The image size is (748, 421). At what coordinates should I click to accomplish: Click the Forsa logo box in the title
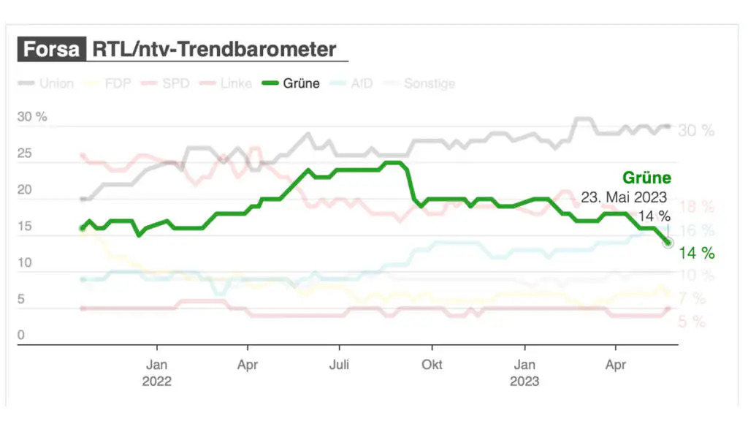coord(51,50)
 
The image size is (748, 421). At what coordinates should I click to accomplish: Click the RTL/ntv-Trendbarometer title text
coord(214,50)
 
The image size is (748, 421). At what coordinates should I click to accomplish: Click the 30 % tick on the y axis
coord(32,117)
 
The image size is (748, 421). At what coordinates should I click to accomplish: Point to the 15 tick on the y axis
coord(25,227)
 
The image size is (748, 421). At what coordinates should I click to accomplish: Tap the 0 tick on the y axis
coord(21,335)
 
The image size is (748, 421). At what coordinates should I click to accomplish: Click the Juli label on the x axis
coord(339,365)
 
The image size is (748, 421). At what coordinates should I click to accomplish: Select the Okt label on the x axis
coord(432,365)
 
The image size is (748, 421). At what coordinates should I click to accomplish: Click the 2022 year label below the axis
coord(156,381)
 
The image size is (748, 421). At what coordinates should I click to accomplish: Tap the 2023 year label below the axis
coord(524,381)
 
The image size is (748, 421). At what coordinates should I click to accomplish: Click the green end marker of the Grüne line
coord(668,242)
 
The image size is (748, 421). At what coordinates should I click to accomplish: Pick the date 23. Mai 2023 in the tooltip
coord(625,197)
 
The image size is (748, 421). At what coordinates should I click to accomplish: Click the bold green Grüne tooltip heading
coord(646,178)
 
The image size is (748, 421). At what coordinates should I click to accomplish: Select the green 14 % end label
coord(697,253)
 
